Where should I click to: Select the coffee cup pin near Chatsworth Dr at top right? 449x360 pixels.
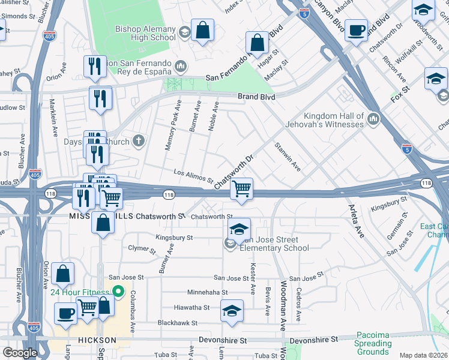pos(356,30)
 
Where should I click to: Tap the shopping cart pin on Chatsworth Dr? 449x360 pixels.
pos(241,190)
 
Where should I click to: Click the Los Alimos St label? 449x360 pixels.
pos(193,176)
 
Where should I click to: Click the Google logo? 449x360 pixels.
pos(20,353)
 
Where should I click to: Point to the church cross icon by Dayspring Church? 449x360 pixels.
pos(139,142)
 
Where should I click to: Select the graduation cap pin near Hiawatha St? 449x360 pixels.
pos(232,311)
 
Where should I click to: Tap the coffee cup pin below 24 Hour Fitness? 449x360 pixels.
pos(66,314)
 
